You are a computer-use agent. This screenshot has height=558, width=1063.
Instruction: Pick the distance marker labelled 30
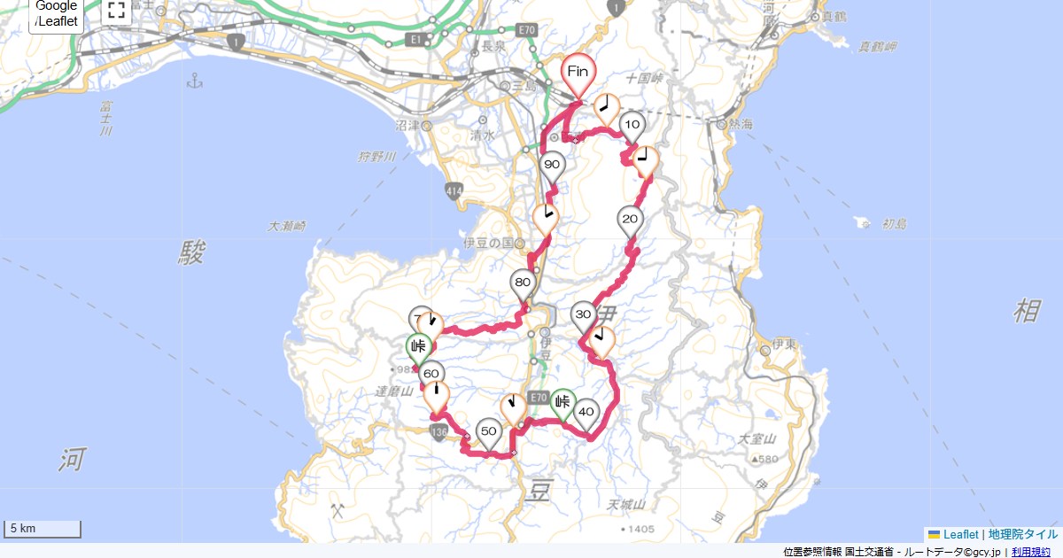click(x=583, y=315)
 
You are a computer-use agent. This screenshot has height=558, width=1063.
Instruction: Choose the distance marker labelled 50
click(x=488, y=431)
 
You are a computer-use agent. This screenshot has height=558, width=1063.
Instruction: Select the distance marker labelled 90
click(x=552, y=166)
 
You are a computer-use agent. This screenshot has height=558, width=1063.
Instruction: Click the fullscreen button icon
click(x=116, y=11)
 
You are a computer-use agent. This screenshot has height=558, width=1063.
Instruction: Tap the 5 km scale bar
click(x=43, y=529)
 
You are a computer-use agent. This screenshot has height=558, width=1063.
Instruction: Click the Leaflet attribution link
click(x=960, y=534)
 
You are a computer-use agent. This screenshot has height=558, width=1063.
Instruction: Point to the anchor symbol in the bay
click(x=196, y=82)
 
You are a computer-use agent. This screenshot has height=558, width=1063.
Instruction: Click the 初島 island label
click(x=895, y=224)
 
